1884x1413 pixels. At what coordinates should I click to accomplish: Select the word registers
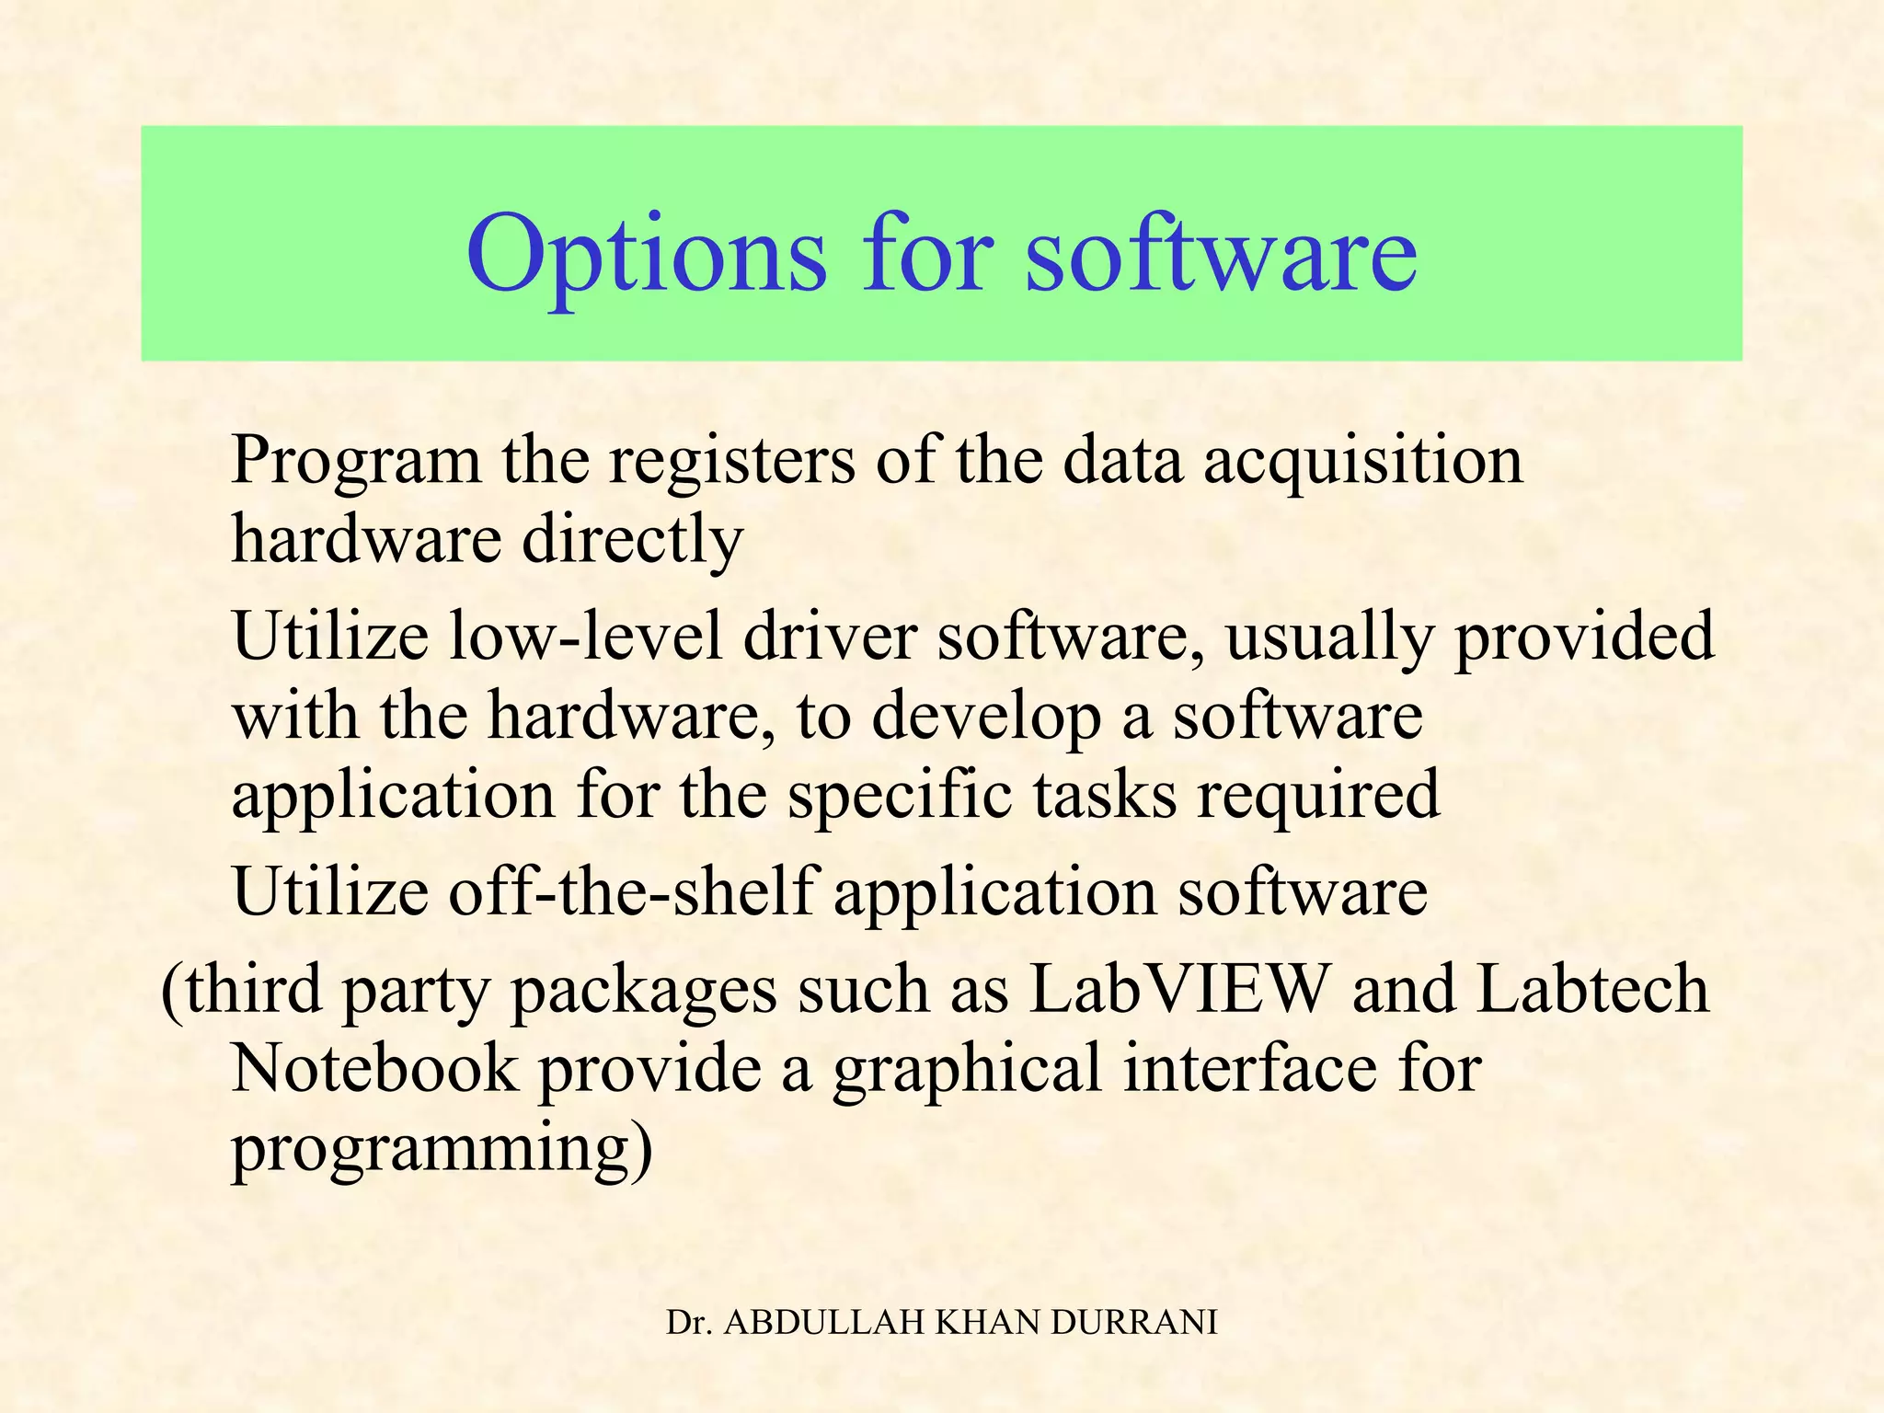click(731, 460)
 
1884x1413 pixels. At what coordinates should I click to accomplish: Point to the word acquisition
click(1362, 460)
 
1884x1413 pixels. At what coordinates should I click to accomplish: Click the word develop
click(985, 717)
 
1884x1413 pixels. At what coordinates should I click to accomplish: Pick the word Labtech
click(1592, 989)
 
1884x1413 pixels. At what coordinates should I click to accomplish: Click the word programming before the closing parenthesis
click(429, 1149)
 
